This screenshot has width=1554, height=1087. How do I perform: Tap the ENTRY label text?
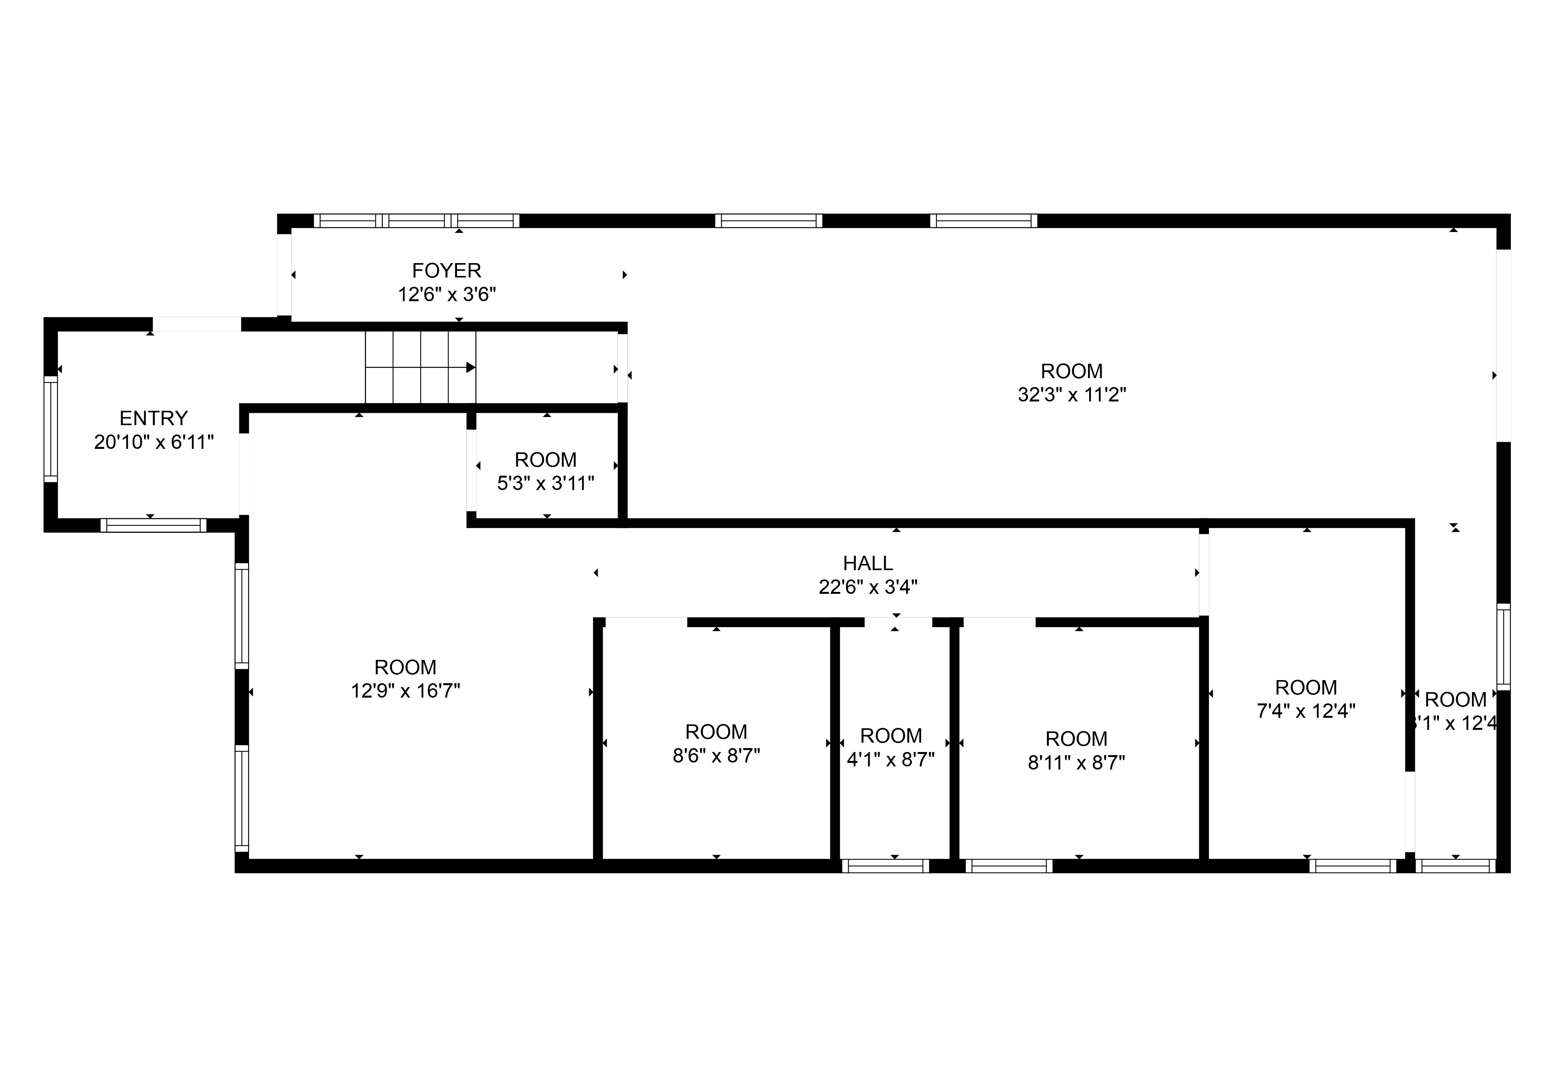pyautogui.click(x=153, y=418)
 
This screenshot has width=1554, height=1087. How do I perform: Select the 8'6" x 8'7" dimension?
pyautogui.click(x=716, y=756)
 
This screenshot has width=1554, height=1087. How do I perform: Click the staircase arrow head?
pyautogui.click(x=470, y=368)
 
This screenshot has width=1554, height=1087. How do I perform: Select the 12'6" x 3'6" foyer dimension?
pyautogui.click(x=447, y=295)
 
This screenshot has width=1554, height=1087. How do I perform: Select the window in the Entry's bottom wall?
pyautogui.click(x=153, y=525)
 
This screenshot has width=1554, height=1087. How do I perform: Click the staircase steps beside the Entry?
pyautogui.click(x=420, y=368)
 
